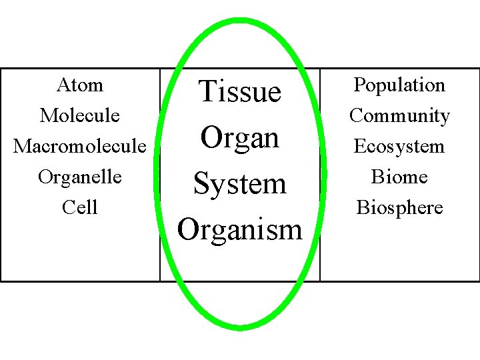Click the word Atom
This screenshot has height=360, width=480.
pyautogui.click(x=80, y=85)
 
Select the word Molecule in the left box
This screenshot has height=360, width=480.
pyautogui.click(x=80, y=116)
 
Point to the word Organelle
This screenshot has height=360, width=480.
pyautogui.click(x=80, y=177)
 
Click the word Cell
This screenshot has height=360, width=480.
pyautogui.click(x=80, y=208)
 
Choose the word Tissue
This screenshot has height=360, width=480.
pyautogui.click(x=240, y=91)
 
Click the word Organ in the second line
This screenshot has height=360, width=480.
pyautogui.click(x=240, y=137)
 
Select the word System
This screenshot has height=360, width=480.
pyautogui.click(x=240, y=183)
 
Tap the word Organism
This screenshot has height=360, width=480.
pyautogui.click(x=240, y=230)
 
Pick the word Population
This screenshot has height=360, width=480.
pyautogui.click(x=399, y=85)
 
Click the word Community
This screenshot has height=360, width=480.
pyautogui.click(x=399, y=116)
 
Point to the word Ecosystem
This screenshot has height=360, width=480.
pyautogui.click(x=399, y=147)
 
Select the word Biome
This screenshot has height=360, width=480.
pyautogui.click(x=399, y=177)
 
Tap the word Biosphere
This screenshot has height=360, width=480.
pyautogui.click(x=399, y=208)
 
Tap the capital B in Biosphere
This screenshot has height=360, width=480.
pyautogui.click(x=363, y=208)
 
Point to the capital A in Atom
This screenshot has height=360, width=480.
pyautogui.click(x=63, y=85)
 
